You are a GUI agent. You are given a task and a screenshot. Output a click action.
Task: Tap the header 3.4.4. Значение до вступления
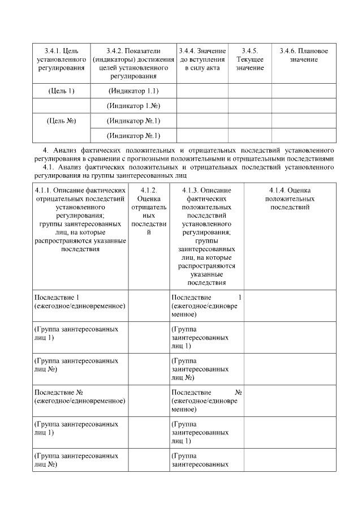coord(202,59)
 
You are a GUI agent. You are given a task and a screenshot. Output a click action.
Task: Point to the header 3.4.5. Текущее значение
coord(249,59)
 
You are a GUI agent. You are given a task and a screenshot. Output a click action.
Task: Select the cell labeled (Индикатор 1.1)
coord(133,91)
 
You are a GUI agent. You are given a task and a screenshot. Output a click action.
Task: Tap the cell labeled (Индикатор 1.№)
coord(133,106)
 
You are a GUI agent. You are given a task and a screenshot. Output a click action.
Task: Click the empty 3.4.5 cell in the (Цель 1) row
coord(249,91)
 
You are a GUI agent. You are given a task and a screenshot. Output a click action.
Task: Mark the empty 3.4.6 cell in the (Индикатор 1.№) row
coord(304,106)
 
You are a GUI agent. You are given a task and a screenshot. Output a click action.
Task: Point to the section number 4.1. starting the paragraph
coord(48,167)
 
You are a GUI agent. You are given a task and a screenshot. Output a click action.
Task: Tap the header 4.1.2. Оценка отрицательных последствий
coord(148,214)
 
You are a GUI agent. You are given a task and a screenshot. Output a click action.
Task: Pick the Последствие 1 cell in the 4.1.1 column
coord(80,302)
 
